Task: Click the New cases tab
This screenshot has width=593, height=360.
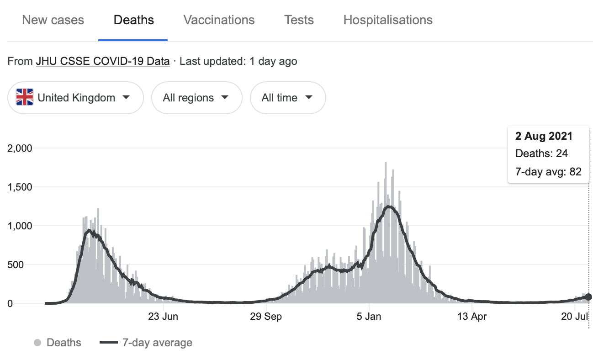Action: (x=53, y=20)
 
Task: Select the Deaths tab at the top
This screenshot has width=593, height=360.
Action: (x=133, y=20)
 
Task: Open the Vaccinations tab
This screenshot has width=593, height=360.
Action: (x=219, y=20)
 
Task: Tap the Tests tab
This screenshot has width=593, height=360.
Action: (x=299, y=20)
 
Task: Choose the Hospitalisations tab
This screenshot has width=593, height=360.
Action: (x=388, y=20)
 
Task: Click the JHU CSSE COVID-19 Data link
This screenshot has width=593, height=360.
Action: (x=103, y=61)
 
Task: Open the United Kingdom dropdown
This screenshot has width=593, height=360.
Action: (x=75, y=98)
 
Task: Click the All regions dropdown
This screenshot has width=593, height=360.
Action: (x=196, y=98)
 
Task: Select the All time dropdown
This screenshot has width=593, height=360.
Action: (x=287, y=98)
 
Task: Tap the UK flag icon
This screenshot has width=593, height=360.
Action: (x=25, y=98)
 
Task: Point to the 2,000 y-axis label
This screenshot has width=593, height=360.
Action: (x=20, y=148)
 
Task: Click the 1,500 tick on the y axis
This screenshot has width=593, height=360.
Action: (x=20, y=187)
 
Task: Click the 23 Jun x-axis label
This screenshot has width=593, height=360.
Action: (x=164, y=317)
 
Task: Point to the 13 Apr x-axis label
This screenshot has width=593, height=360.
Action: (x=472, y=317)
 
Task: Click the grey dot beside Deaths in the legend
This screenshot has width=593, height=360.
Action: (x=38, y=343)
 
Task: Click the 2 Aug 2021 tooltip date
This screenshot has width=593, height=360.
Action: (x=544, y=136)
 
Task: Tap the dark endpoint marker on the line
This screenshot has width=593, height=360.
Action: (x=588, y=297)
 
